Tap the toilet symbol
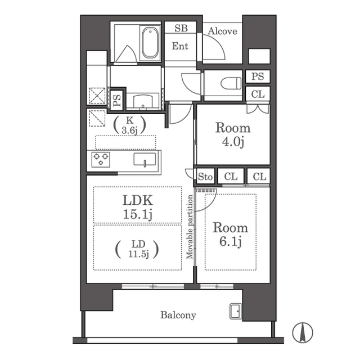click(231, 83)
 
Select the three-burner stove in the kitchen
click(101, 159)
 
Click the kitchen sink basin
click(145, 159)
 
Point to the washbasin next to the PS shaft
click(143, 101)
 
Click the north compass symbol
click(303, 332)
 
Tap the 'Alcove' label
click(222, 31)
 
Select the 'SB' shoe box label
click(181, 28)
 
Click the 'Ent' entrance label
click(180, 46)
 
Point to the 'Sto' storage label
click(205, 177)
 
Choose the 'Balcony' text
click(178, 315)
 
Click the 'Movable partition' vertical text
click(190, 227)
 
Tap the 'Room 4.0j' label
click(233, 135)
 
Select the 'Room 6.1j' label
click(230, 234)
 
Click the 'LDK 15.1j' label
click(137, 207)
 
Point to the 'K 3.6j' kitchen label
click(130, 125)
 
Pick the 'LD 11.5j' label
click(137, 249)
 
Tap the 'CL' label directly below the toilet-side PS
click(258, 94)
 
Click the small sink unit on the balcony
click(236, 311)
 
